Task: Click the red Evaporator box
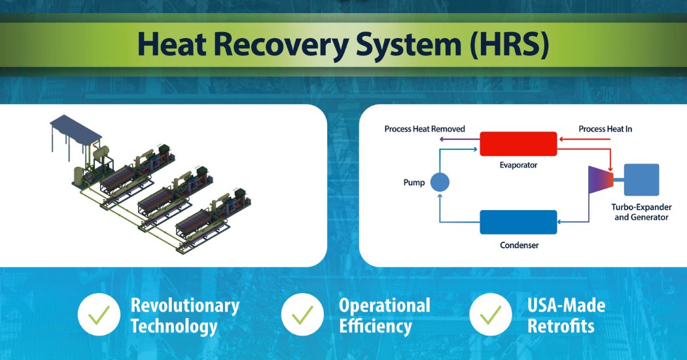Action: coord(518,143)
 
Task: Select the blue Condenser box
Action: coord(518,222)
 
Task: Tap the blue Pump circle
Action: coord(439,183)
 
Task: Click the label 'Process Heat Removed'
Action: coord(424,129)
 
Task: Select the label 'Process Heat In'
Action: coord(605,129)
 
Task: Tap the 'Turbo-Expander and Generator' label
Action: coord(641,211)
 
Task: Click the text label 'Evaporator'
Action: coord(518,165)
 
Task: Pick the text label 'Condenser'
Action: coord(518,245)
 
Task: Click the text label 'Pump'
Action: coord(414,183)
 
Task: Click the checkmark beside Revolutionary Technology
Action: coord(98,315)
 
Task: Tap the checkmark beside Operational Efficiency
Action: coord(302,315)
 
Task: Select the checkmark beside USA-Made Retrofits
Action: coord(491,315)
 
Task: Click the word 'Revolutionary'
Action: coord(185,305)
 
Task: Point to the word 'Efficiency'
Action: coord(375,325)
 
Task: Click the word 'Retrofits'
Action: coord(560,325)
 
